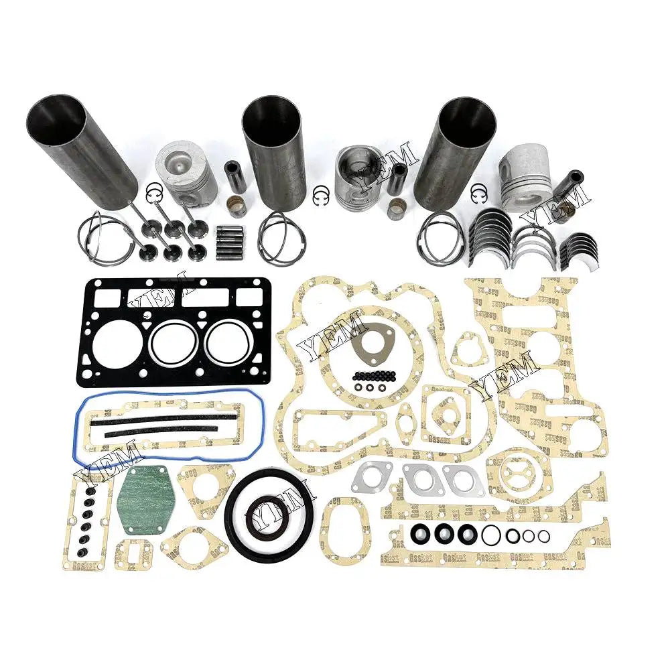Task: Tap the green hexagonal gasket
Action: tap(146, 499)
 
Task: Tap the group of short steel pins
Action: tap(229, 243)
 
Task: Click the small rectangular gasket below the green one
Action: tap(133, 555)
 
